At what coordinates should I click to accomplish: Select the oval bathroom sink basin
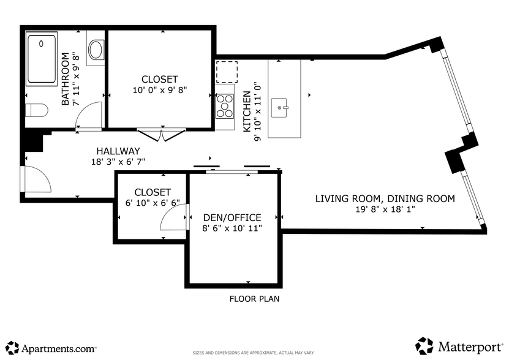pos(96,50)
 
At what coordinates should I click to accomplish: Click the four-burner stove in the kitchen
pos(225,106)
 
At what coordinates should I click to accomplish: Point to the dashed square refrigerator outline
pos(225,72)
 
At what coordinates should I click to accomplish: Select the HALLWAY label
pos(118,151)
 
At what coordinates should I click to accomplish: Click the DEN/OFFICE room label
pos(233,217)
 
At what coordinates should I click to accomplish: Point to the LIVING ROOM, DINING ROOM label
pos(385,198)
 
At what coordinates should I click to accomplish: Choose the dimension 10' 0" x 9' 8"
pos(159,89)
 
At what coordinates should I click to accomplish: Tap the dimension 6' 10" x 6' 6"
pos(153,203)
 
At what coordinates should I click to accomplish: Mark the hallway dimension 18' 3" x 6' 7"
pos(118,162)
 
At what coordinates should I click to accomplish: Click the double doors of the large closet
pos(160,134)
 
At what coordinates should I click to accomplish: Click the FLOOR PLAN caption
pos(254,299)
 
